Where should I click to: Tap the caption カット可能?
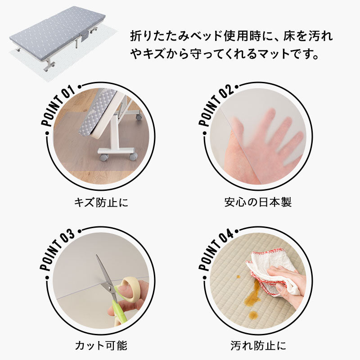coord(101,346)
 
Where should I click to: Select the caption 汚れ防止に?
coord(258,346)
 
